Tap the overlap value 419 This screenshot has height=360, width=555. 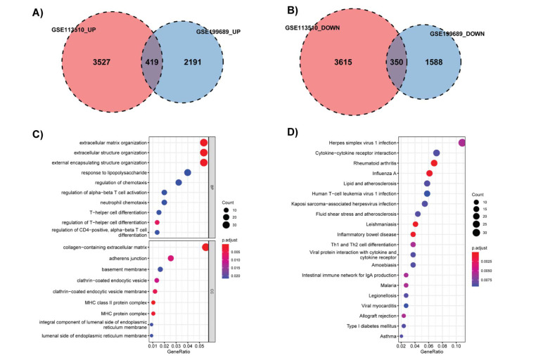pos(153,62)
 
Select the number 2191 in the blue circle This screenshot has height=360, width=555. pos(193,62)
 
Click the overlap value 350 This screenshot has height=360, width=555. pos(398,62)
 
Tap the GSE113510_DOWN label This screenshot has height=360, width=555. pos(313,27)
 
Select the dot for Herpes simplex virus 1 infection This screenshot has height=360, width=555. pos(462,143)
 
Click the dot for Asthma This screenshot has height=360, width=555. pos(401,337)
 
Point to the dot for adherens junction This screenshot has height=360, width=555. pos(171,258)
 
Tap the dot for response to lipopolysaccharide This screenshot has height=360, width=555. pos(188,172)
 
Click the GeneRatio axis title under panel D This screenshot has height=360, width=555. pos(431,352)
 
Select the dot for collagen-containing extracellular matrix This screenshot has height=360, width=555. pos(205,247)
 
